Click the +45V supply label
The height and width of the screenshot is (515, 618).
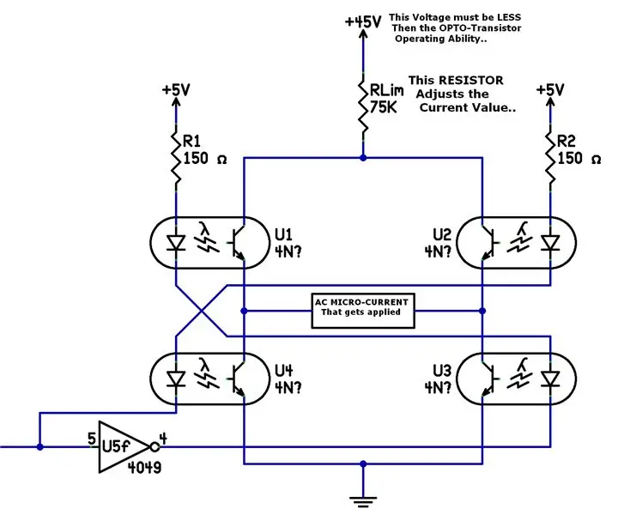coord(363,21)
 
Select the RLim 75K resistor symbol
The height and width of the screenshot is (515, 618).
coord(363,106)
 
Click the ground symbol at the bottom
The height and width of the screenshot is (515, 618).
coord(363,501)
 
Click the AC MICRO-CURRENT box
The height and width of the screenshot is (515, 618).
coord(363,311)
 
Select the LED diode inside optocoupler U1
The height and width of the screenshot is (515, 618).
coord(176,243)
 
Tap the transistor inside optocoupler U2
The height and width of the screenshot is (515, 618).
coord(488,243)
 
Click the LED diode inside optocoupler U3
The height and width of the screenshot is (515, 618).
coord(550,379)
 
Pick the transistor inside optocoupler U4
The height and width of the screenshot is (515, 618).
coord(238,379)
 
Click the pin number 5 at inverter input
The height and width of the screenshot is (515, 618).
coord(92,439)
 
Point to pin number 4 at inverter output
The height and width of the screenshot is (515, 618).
coord(163,438)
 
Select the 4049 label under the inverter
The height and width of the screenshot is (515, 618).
coord(144,468)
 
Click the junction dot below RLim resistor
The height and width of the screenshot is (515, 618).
coord(363,158)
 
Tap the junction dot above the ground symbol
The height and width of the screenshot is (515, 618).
coord(363,463)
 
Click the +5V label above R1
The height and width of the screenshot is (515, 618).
coord(176,90)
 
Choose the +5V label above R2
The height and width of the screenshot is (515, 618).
coord(550,90)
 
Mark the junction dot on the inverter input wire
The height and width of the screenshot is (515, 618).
coord(39,447)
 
